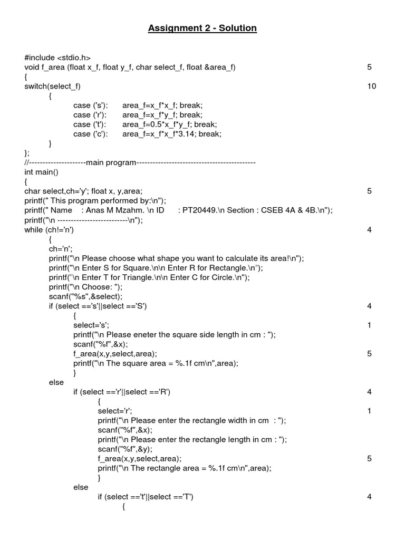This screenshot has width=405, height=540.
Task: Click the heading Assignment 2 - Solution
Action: click(202, 28)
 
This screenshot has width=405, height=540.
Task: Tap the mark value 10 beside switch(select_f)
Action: click(372, 86)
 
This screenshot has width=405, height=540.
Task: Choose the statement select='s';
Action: click(92, 325)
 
